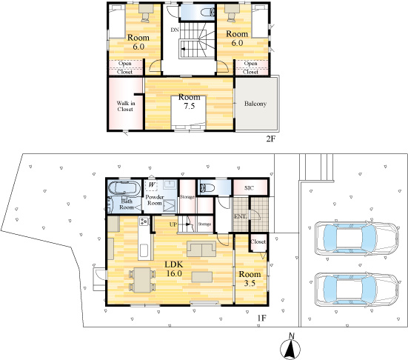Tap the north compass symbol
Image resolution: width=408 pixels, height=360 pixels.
coord(292,347)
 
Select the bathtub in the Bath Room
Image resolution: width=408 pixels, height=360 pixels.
coord(122,187)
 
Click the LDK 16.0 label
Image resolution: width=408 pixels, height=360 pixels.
coord(175,268)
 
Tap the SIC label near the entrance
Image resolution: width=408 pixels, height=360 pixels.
coord(250,188)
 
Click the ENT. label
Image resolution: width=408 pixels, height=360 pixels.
coord(241,216)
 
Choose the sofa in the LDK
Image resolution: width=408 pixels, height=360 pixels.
coord(201,248)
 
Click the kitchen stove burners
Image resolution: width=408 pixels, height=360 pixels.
coord(143,222)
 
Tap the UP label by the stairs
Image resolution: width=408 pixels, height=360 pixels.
coord(173,223)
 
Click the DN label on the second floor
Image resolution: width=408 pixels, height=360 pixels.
coord(175,30)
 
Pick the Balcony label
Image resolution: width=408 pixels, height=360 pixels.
coord(255,103)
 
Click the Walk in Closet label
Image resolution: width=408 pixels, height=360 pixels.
coord(125,106)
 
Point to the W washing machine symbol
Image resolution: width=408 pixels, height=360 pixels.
coord(153,184)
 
